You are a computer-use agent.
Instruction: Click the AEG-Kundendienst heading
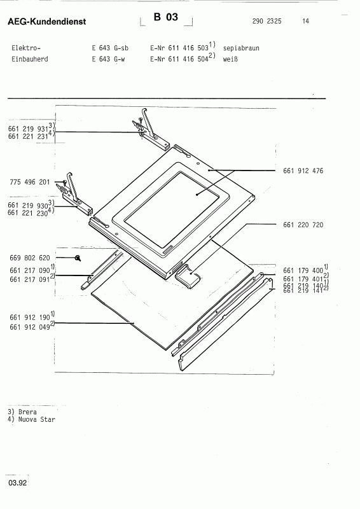coord(46,23)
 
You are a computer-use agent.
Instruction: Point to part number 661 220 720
coord(302,225)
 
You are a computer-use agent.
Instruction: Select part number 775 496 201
coord(29,182)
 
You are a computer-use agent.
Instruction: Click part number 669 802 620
coord(29,258)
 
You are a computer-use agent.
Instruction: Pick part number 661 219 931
coord(28,129)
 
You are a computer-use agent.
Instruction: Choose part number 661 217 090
coord(29,270)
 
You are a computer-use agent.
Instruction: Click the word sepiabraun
coord(242,48)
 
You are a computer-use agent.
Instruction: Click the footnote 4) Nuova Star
coord(28,420)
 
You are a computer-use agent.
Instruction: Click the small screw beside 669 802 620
coord(77,258)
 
